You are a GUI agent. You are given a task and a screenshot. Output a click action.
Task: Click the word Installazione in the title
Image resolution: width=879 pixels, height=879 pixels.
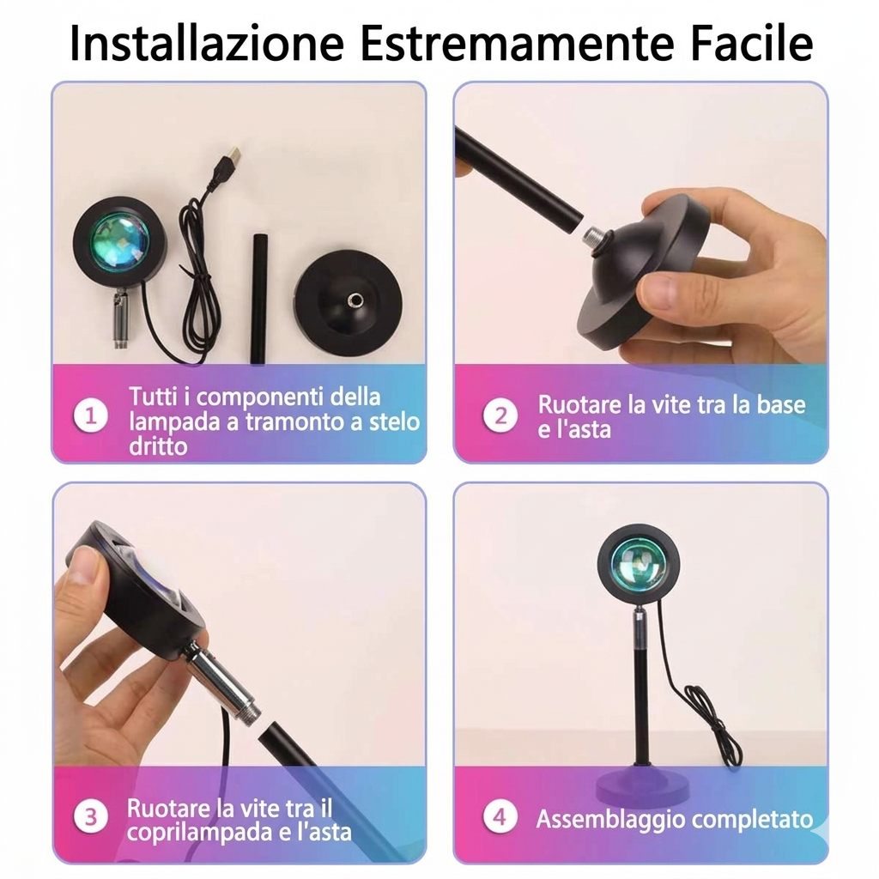206,43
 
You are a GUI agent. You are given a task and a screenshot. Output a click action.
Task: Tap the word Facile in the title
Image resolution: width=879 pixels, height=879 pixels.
752,43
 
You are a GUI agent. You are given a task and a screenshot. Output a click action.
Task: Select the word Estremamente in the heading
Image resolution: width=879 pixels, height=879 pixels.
516,44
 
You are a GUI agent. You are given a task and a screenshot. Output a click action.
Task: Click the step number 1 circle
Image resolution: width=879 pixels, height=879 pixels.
90,415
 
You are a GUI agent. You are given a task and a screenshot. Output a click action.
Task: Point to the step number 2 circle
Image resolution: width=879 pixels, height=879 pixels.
500,415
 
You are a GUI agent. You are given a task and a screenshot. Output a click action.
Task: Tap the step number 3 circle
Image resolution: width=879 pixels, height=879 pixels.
90,816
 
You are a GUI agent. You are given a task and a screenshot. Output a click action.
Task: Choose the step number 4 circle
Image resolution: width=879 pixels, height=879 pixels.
500,816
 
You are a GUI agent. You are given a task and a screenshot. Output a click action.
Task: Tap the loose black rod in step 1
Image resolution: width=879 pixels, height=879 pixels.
259,299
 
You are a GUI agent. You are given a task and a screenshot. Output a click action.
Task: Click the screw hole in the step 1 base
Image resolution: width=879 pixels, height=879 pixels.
355,300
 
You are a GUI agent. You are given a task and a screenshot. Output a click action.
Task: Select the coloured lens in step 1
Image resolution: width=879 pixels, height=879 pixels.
120,239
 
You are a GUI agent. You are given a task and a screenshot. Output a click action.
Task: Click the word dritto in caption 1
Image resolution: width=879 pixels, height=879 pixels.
158,446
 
